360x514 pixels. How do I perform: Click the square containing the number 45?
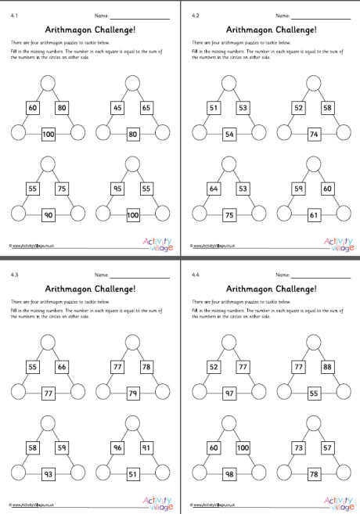point(120,107)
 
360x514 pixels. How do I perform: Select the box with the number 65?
point(146,107)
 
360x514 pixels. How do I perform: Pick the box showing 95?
point(120,188)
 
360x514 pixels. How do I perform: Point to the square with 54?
point(229,135)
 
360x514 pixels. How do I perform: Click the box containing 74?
point(314,135)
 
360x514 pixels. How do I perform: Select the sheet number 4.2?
point(196,14)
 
